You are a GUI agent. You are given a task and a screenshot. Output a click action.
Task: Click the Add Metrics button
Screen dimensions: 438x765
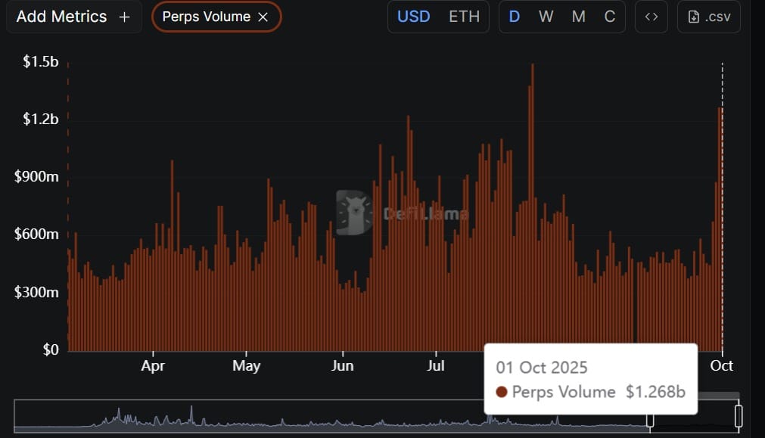coord(73,17)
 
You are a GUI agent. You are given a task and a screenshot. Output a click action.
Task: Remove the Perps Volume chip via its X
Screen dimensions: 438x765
coord(263,17)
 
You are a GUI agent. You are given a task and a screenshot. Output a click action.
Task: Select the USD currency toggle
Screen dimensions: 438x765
coord(413,17)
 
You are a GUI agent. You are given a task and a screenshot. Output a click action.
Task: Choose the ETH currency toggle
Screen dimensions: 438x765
coord(464,17)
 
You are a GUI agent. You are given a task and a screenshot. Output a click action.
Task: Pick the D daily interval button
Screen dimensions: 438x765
coord(515,17)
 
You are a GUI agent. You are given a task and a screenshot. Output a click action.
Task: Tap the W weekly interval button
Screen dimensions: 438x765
coord(546,17)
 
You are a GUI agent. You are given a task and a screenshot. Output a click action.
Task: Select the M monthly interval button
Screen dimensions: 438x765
coord(578,17)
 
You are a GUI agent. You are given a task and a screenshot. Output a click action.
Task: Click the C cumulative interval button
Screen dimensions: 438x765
coord(610,17)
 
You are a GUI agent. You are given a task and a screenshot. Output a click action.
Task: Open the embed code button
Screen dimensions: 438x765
coord(651,17)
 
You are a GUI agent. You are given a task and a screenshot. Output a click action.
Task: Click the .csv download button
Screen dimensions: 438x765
coord(709,17)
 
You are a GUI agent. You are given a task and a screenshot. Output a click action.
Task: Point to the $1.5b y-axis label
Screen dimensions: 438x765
coord(41,61)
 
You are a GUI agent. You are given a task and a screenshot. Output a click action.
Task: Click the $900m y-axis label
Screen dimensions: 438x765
coord(36,177)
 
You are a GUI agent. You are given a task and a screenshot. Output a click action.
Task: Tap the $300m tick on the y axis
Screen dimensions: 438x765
coord(36,292)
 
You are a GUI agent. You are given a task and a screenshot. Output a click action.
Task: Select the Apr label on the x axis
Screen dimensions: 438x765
coord(153,365)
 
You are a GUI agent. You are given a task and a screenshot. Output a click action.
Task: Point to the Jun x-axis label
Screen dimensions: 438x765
coord(343,365)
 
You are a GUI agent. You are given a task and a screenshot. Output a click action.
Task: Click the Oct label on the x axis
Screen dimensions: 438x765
coord(721,365)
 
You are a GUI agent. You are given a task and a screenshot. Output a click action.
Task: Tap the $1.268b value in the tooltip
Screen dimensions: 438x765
coord(655,392)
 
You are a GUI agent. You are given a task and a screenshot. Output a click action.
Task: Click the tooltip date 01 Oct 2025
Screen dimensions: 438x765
coord(542,368)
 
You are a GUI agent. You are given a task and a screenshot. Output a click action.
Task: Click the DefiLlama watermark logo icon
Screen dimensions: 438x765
coord(354,212)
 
